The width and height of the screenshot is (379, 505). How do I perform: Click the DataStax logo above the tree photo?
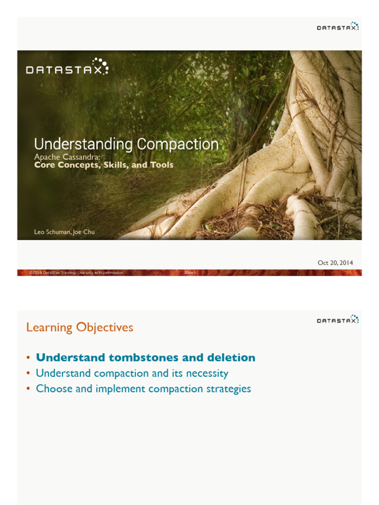point(338,27)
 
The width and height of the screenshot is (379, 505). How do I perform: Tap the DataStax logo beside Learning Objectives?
point(338,320)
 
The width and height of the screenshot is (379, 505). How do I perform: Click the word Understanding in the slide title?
point(83,144)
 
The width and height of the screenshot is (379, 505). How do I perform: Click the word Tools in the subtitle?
point(162,165)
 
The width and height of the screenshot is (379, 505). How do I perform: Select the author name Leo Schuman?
point(52,232)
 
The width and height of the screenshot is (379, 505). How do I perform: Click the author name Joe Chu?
point(84,232)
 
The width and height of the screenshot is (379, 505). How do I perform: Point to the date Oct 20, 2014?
point(335,263)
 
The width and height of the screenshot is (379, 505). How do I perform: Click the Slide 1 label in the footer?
point(190,272)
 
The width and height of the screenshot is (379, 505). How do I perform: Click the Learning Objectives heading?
point(79,327)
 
